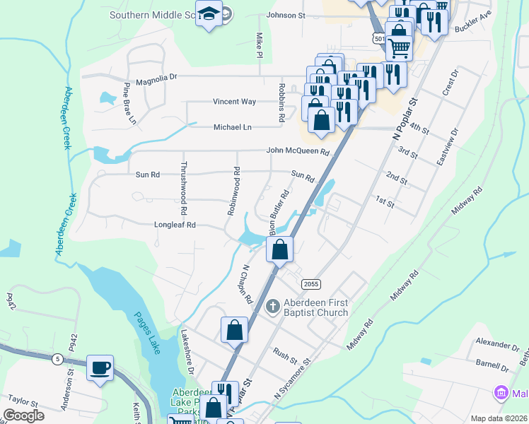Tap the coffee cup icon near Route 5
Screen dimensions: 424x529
pyautogui.click(x=100, y=367)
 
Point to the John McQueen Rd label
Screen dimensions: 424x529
pyautogui.click(x=298, y=151)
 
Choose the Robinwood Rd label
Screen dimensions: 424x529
pyautogui.click(x=233, y=191)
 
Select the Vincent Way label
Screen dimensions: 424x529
pyautogui.click(x=234, y=102)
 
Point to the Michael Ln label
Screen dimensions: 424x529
pyautogui.click(x=233, y=127)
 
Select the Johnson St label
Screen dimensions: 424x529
pyautogui.click(x=286, y=15)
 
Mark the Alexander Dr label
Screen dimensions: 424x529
pyautogui.click(x=496, y=344)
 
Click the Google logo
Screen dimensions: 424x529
pyautogui.click(x=25, y=416)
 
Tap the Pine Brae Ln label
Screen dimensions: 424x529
pyautogui.click(x=129, y=104)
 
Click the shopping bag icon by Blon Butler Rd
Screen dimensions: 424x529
pyautogui.click(x=279, y=249)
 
